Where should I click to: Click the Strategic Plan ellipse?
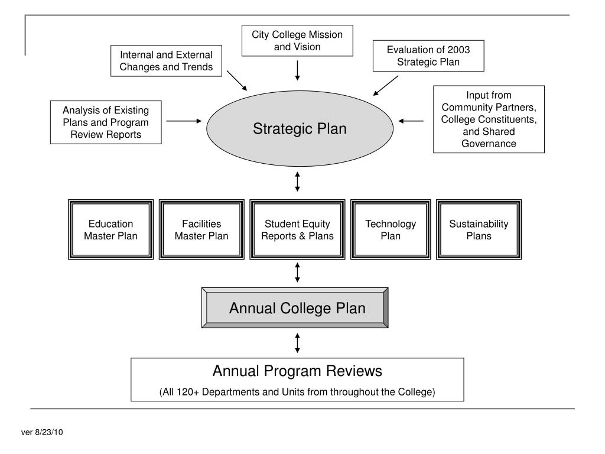[300, 128]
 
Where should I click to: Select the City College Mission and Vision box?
[297, 40]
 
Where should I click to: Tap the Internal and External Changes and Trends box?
[166, 61]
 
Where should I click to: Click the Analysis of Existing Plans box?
[106, 122]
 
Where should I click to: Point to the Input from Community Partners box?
[489, 119]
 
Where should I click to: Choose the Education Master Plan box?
[110, 230]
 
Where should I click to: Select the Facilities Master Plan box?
[201, 230]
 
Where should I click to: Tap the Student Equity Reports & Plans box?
[297, 230]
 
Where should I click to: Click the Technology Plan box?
[391, 230]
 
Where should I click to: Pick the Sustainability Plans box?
[479, 230]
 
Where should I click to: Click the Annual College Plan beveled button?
[295, 308]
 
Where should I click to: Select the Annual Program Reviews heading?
[297, 371]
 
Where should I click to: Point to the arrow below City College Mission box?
[297, 69]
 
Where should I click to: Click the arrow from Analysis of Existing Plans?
[184, 121]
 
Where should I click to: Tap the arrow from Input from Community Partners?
[411, 121]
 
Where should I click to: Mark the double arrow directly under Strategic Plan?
[297, 181]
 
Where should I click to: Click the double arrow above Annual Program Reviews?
[297, 342]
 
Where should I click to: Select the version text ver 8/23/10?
[42, 432]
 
